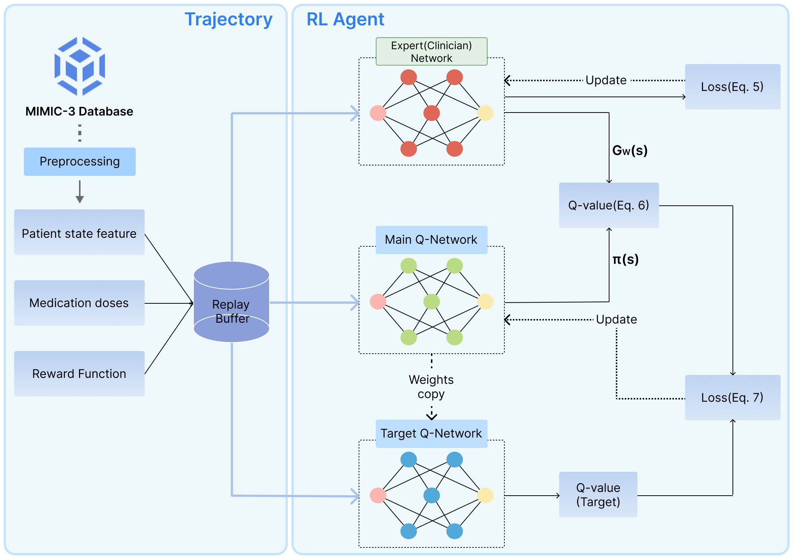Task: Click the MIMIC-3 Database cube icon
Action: (x=79, y=66)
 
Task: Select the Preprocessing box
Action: (x=79, y=162)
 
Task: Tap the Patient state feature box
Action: (x=79, y=232)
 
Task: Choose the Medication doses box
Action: (x=79, y=303)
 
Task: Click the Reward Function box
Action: (x=79, y=374)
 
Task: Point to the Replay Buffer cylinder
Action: (x=231, y=302)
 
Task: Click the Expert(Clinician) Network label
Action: (x=431, y=52)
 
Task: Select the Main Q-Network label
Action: (x=431, y=240)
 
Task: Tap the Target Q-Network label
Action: (x=431, y=433)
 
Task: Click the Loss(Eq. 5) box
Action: (x=732, y=87)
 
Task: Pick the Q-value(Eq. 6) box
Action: (x=609, y=205)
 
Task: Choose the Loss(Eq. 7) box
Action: (x=732, y=398)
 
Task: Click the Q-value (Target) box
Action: (x=598, y=495)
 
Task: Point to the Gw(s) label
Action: (x=630, y=151)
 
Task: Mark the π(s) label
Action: (x=626, y=259)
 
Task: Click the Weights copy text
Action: (x=431, y=387)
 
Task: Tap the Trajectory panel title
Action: (x=229, y=19)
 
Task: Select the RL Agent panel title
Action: (x=345, y=19)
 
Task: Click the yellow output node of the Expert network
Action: (x=485, y=113)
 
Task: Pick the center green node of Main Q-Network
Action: (x=432, y=301)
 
